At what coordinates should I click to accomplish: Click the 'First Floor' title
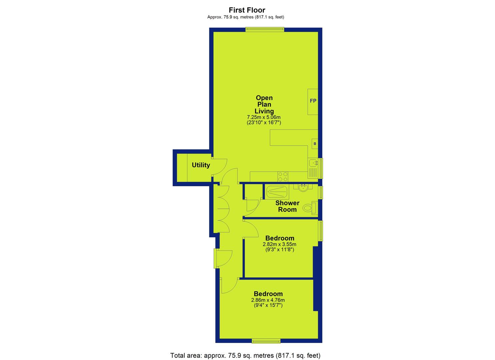coord(247,10)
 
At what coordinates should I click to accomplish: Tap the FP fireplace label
coord(313,101)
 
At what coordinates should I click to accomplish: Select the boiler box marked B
coord(315,144)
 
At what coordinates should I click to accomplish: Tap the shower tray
coord(277,192)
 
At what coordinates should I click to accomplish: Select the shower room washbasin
coord(303,188)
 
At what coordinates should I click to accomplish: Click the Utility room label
coord(201,165)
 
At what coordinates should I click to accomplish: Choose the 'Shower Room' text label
coord(287,206)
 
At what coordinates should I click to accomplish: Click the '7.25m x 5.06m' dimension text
coord(264,117)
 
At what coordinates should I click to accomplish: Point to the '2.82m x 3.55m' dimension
coord(280,244)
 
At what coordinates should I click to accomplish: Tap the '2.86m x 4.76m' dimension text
coord(268,300)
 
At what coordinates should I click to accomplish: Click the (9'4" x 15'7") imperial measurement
coord(268,305)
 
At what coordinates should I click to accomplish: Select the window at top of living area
coord(265,30)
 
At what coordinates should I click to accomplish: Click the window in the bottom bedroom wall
coord(266,342)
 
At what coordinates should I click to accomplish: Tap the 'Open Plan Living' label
coord(264,104)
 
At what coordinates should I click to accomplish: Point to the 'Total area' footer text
coord(245,355)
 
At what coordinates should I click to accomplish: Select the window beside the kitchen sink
coord(320,168)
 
